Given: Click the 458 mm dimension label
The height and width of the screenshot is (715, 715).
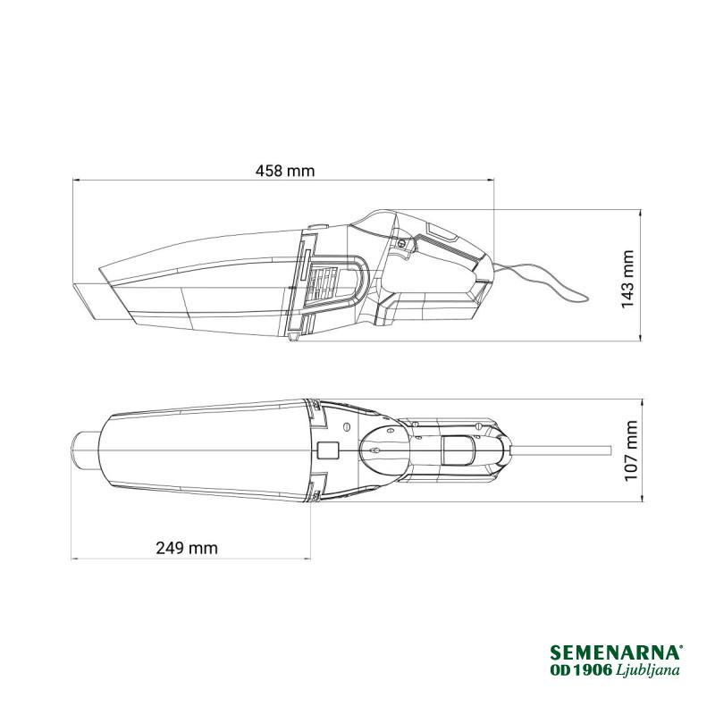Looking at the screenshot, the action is coord(285,171).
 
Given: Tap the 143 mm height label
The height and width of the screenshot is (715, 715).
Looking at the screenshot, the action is coord(628,279).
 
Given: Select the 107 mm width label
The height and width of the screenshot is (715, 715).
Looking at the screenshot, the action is coord(631,450).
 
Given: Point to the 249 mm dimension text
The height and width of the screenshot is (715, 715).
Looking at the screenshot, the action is coord(187,547).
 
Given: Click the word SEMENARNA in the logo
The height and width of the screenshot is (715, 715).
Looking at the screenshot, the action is coord(615,652).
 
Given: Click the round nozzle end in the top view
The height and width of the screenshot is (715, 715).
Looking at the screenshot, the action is coord(85,450).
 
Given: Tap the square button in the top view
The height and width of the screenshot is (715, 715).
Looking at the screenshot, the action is coord(328,450).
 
